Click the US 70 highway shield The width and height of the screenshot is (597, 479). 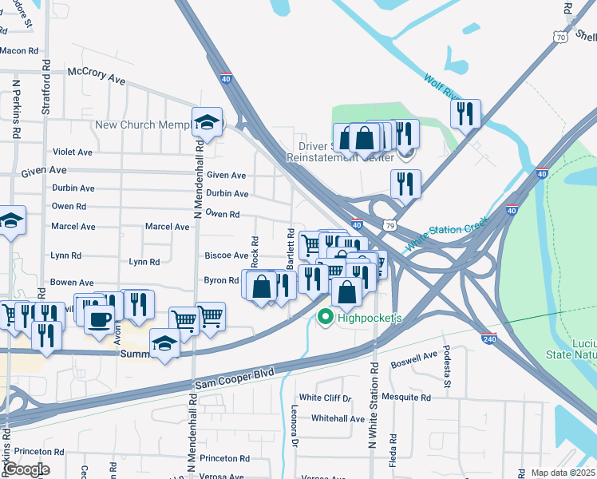pos(562,37)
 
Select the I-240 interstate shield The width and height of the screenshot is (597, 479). pos(489,338)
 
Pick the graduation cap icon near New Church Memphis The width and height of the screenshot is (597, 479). pos(207,121)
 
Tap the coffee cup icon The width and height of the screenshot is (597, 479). pos(99,319)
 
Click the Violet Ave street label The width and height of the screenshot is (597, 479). pos(73,152)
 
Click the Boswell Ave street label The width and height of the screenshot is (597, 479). pos(413,359)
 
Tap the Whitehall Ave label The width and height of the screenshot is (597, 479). pos(338,418)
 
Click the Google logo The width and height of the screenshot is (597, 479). pos(26,469)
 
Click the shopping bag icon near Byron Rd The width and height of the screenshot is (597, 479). pos(261,286)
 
